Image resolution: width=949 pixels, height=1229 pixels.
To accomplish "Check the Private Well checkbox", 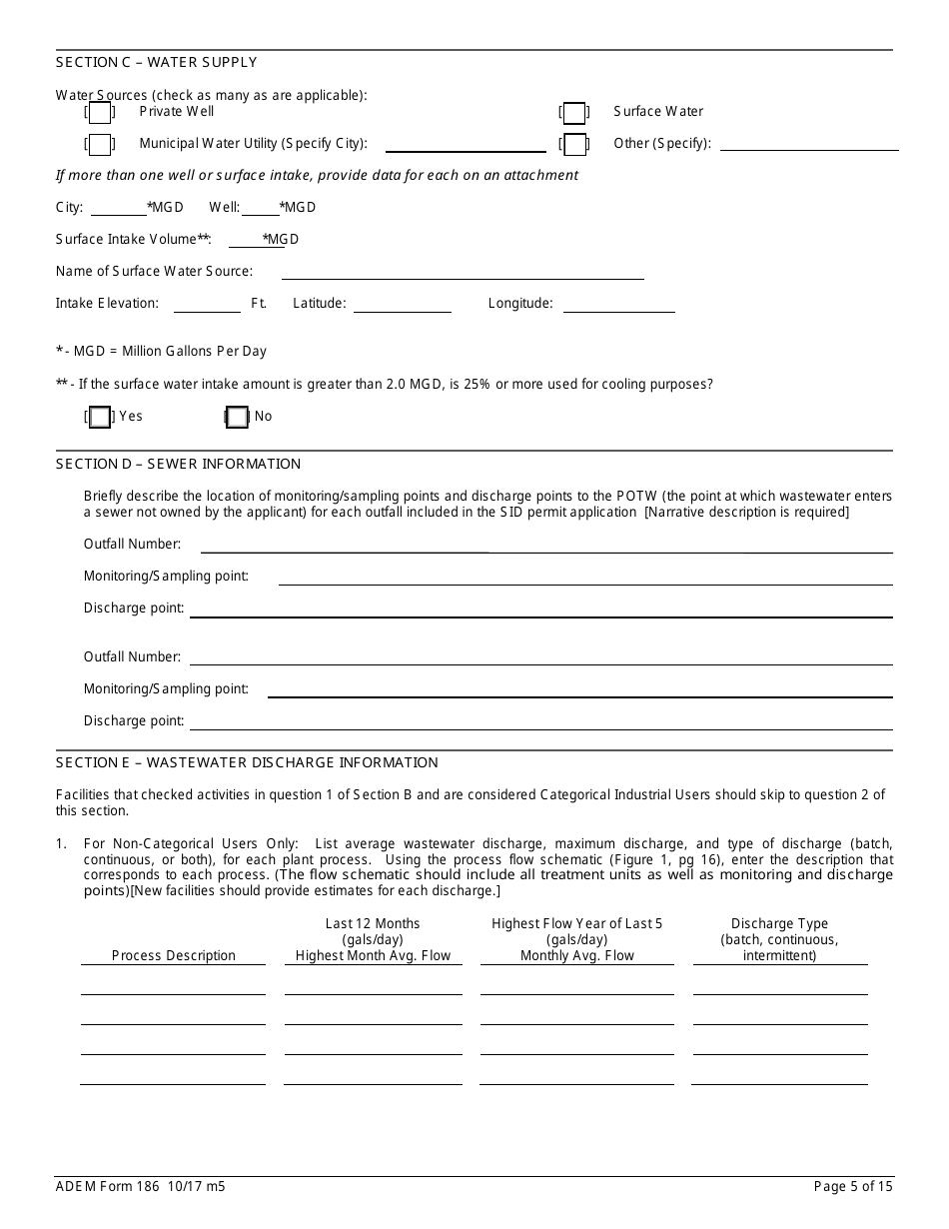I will [x=100, y=113].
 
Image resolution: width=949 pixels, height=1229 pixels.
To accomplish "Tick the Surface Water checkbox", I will [x=574, y=113].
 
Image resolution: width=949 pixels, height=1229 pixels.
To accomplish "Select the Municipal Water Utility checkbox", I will [x=100, y=145].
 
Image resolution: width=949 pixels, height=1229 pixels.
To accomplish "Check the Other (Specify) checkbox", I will [x=574, y=145].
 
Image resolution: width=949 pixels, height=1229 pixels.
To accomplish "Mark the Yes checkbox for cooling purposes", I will [x=100, y=418].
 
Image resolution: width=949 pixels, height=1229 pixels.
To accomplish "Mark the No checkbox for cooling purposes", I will [x=237, y=418].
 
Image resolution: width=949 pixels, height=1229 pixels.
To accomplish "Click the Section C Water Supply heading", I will [x=156, y=62].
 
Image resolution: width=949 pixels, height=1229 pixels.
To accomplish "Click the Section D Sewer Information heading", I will [x=178, y=464].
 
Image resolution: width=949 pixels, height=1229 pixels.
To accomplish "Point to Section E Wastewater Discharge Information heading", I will [x=247, y=762].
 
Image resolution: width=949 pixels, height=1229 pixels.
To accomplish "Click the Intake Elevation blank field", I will [x=207, y=305].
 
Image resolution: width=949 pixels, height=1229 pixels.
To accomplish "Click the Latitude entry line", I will [x=402, y=305].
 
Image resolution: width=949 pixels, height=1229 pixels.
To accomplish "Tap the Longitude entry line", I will [x=618, y=305].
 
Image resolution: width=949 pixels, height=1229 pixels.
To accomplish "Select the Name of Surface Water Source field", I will [x=463, y=272].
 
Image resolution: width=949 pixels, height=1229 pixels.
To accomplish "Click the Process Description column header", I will [x=174, y=956].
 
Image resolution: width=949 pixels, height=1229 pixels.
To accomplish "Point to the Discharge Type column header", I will [x=779, y=939].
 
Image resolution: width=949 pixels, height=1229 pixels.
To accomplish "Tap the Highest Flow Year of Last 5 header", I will [x=576, y=924].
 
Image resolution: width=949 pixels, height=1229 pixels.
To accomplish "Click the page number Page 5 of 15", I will [x=853, y=1187].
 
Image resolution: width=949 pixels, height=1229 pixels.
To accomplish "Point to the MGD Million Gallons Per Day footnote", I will [x=161, y=352].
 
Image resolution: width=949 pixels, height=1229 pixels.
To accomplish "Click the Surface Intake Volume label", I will [x=133, y=240].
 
